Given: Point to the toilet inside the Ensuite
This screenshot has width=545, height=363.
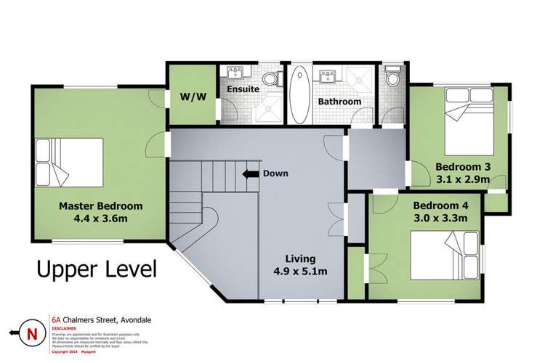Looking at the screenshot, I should pyautogui.click(x=270, y=78).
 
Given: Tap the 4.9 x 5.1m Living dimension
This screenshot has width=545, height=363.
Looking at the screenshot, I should pyautogui.click(x=300, y=272).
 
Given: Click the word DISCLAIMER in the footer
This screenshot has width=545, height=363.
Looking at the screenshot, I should pyautogui.click(x=66, y=326).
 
